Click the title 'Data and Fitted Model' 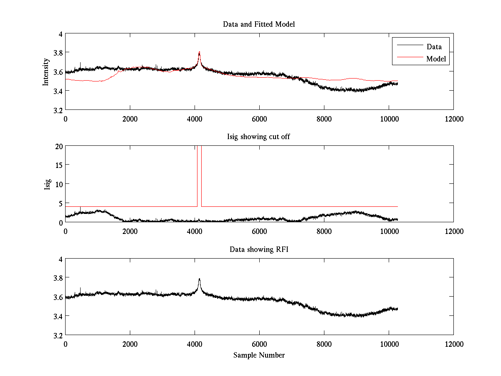click(259, 24)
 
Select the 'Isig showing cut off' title click(259, 137)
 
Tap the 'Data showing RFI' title click(259, 249)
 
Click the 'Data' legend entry click(434, 47)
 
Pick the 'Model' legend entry click(436, 59)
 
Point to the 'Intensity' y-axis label click(46, 72)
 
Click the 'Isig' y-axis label click(47, 184)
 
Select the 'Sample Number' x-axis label click(259, 355)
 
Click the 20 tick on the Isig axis click(59, 146)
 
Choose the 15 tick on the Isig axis click(59, 165)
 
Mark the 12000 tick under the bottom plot click(453, 343)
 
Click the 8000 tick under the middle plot click(324, 231)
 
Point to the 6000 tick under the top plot click(259, 119)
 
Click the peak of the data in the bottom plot click(200, 279)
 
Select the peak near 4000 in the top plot click(200, 52)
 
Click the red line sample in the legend click(409, 59)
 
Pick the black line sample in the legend click(409, 45)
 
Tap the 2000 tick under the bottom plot click(130, 343)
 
